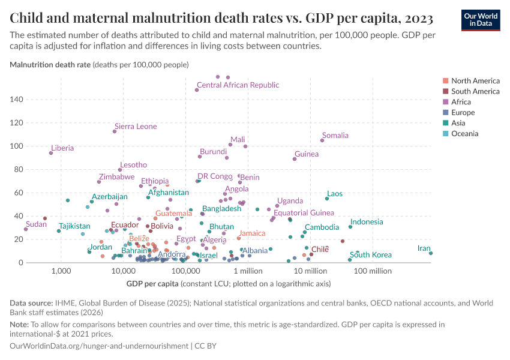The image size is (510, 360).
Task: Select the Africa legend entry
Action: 461,102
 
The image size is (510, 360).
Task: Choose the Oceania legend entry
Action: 464,133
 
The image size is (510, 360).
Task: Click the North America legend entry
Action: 475,80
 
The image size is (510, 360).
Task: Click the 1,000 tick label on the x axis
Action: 61,271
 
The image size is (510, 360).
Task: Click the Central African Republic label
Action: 238,85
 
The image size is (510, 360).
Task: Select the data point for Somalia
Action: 322,140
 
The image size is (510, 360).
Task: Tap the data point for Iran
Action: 431,253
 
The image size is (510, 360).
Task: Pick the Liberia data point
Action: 51,153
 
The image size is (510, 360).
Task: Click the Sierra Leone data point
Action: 115,131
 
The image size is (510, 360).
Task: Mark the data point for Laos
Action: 327,199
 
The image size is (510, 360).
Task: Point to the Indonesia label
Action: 367,222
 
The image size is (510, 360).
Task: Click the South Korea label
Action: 371,255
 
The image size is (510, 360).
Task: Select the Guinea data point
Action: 295,159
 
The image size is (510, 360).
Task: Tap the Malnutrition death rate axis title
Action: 50,64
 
